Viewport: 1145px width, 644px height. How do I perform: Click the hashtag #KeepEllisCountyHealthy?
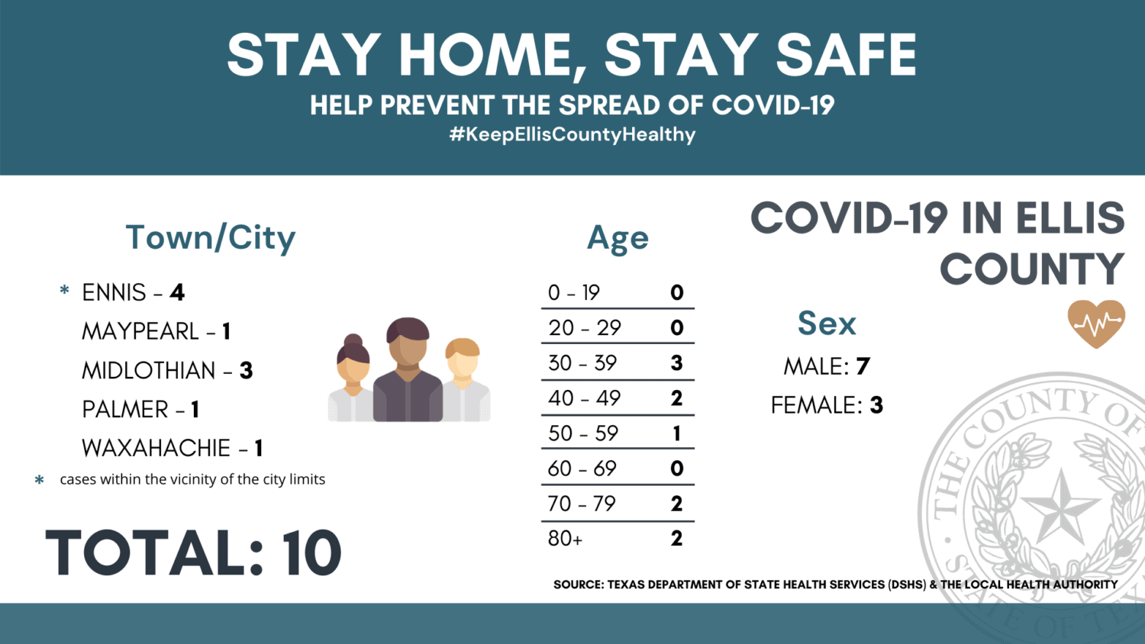572,134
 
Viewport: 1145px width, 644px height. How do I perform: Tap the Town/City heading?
211,238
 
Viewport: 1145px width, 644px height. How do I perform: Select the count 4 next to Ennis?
177,292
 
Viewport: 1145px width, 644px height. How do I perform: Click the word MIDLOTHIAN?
149,371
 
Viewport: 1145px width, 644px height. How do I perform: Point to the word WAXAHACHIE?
156,448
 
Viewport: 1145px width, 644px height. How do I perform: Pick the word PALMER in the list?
125,410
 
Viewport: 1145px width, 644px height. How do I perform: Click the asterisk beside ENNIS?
64,290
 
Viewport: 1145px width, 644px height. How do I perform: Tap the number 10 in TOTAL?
311,552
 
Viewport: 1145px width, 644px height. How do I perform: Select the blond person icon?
464,379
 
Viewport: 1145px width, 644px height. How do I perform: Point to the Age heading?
618,239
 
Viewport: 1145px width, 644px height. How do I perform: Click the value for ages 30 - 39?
677,363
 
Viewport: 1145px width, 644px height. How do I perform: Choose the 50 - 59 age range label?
583,433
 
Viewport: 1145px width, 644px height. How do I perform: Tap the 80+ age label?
565,539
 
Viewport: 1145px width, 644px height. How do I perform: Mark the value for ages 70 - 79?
677,504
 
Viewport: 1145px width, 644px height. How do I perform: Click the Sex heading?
827,323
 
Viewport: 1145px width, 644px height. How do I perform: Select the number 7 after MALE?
863,366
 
